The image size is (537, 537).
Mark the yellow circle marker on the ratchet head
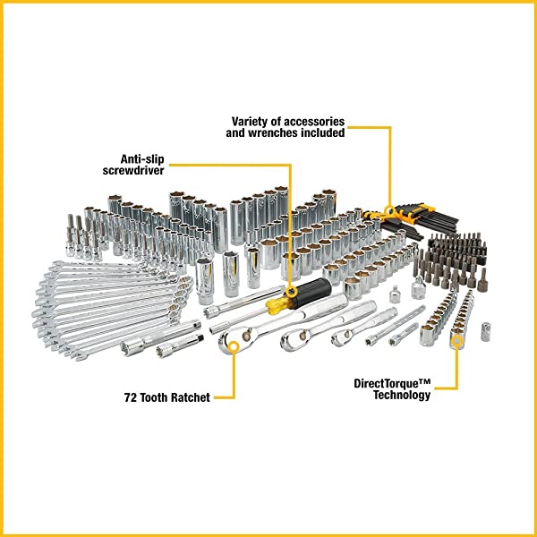(x=234, y=339)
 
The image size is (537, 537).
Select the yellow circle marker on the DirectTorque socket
(x=457, y=341)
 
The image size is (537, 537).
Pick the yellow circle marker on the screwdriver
(x=289, y=291)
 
